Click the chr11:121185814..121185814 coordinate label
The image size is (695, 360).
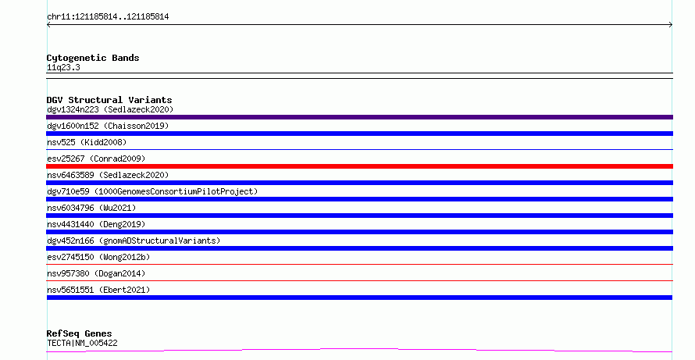pyautogui.click(x=108, y=17)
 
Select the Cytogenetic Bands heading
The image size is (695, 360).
pyautogui.click(x=93, y=58)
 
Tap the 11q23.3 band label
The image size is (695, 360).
pyautogui.click(x=63, y=67)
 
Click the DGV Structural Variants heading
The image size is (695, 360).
pyautogui.click(x=109, y=100)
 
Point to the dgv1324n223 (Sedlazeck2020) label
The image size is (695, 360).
pyautogui.click(x=110, y=109)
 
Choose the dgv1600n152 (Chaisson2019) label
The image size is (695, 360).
pyautogui.click(x=108, y=126)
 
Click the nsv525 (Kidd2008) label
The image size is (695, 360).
pyautogui.click(x=87, y=142)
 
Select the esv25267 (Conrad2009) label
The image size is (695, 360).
pyautogui.click(x=96, y=159)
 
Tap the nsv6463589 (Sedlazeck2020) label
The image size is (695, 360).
pyautogui.click(x=108, y=175)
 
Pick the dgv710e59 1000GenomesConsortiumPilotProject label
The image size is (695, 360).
pyautogui.click(x=152, y=191)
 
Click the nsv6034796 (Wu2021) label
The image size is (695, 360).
pyautogui.click(x=91, y=208)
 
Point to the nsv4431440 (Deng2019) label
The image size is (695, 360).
pyautogui.click(x=96, y=224)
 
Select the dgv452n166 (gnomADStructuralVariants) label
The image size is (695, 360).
pyautogui.click(x=134, y=241)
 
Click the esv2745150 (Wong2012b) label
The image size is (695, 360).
pyautogui.click(x=98, y=257)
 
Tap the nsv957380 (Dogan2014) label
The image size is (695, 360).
pyautogui.click(x=96, y=273)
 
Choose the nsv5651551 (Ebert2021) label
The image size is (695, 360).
pyautogui.click(x=98, y=290)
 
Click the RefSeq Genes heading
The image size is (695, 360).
pyautogui.click(x=79, y=333)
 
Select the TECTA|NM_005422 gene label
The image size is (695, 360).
pyautogui.click(x=82, y=343)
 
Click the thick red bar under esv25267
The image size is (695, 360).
pyautogui.click(x=359, y=166)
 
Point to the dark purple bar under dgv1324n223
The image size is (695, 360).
pyautogui.click(x=359, y=117)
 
